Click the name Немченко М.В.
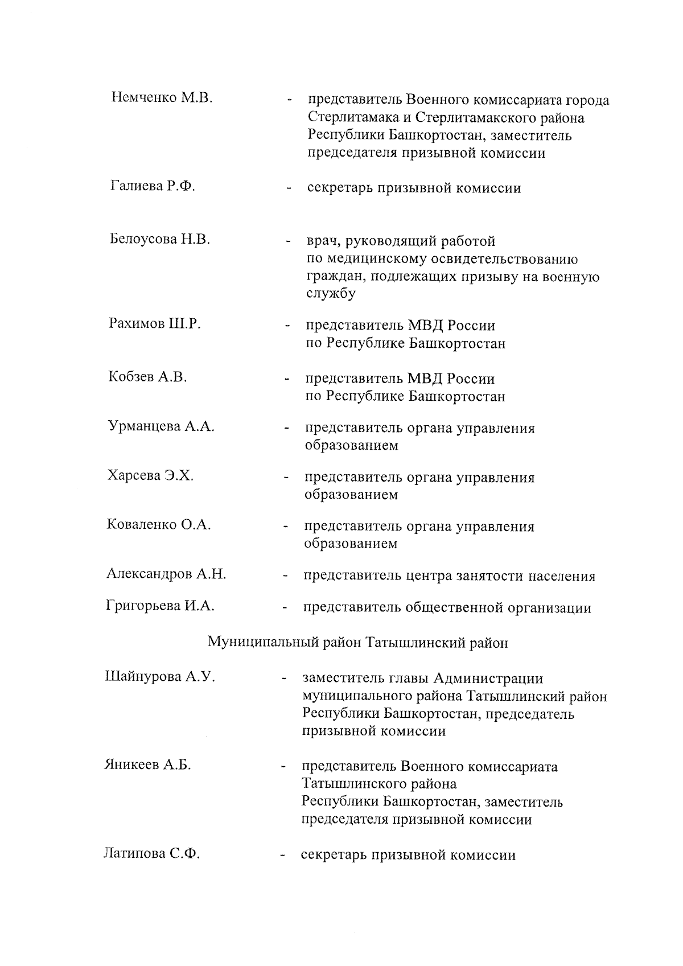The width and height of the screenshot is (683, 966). (162, 97)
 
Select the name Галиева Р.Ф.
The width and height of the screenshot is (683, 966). (153, 186)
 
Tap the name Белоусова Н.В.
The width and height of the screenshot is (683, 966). (160, 239)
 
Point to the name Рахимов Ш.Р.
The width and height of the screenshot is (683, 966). (155, 324)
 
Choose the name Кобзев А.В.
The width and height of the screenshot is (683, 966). (147, 377)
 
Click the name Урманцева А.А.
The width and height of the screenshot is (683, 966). (161, 426)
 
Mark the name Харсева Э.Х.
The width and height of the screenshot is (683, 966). (150, 475)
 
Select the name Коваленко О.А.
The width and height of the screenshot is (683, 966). (159, 524)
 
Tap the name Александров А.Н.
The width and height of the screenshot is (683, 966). (166, 574)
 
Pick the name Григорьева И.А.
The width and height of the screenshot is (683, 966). (161, 606)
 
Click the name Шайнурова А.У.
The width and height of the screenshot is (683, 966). (160, 677)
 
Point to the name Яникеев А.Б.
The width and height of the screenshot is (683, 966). (147, 764)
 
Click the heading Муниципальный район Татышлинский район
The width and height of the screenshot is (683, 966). (357, 643)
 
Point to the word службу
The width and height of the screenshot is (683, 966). (331, 294)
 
